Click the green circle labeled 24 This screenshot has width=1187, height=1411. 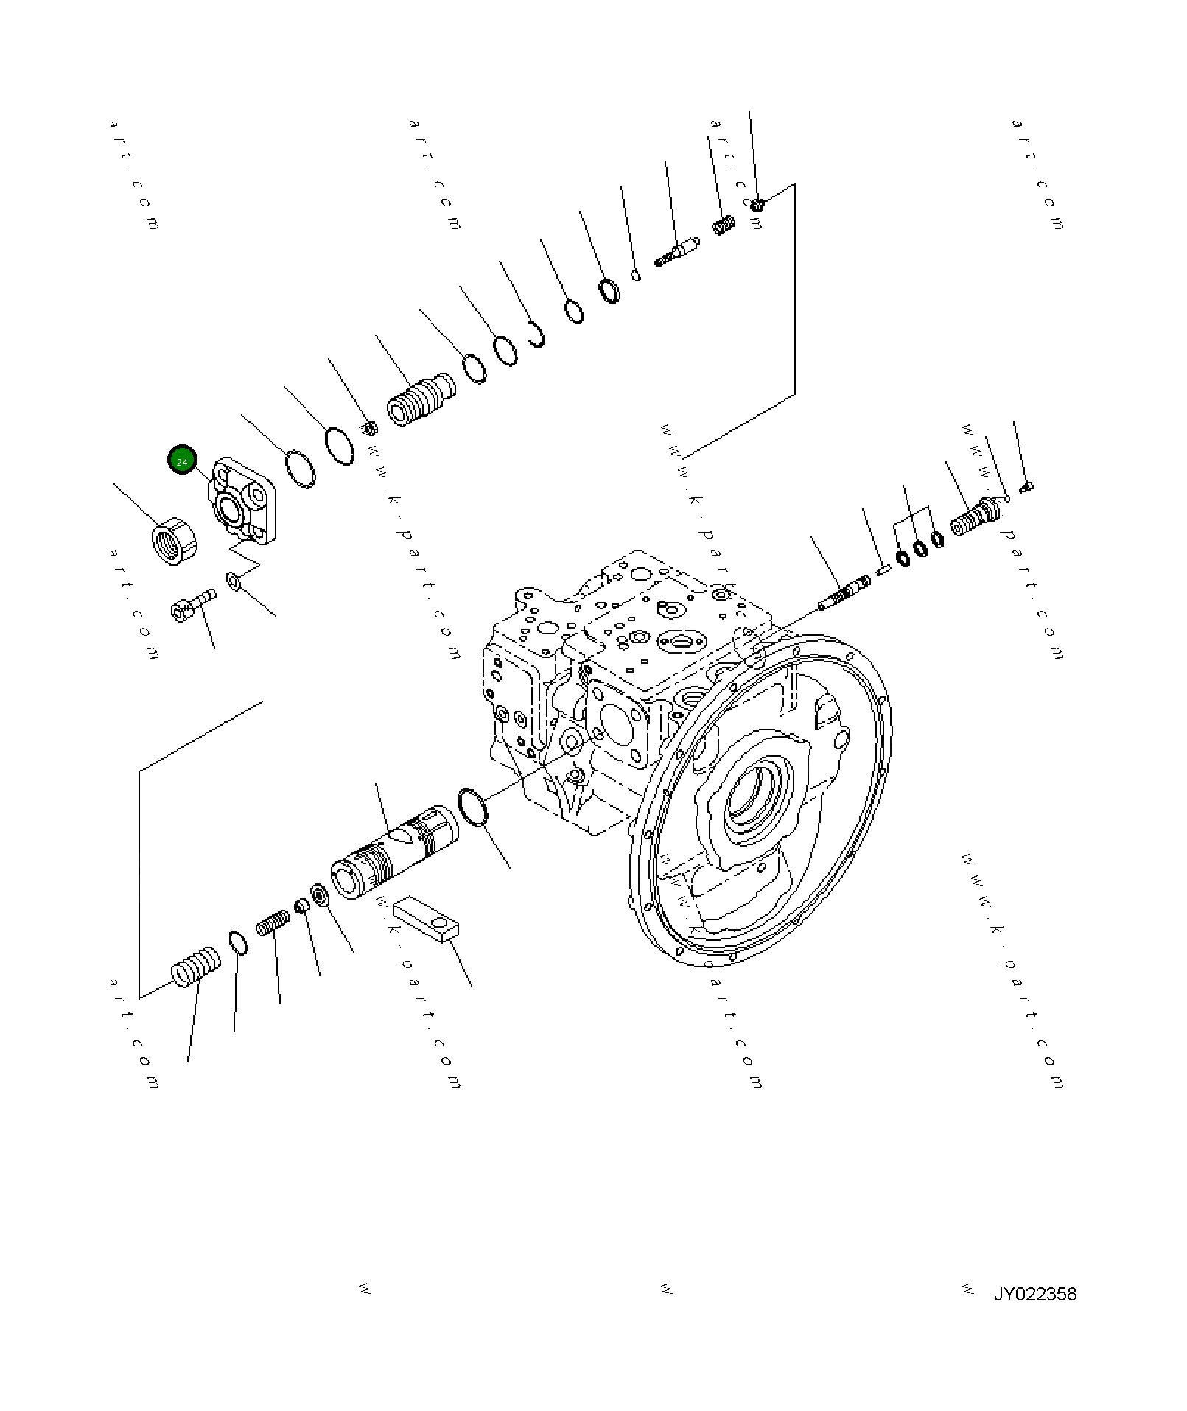point(182,461)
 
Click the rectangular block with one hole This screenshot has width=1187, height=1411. point(426,920)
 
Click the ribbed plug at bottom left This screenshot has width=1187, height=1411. point(196,967)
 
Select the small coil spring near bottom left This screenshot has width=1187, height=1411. point(273,923)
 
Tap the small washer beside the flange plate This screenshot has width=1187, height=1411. point(234,581)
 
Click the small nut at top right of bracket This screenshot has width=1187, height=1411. point(758,203)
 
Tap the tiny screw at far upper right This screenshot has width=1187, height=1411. point(1026,486)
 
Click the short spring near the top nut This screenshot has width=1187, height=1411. point(724,224)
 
